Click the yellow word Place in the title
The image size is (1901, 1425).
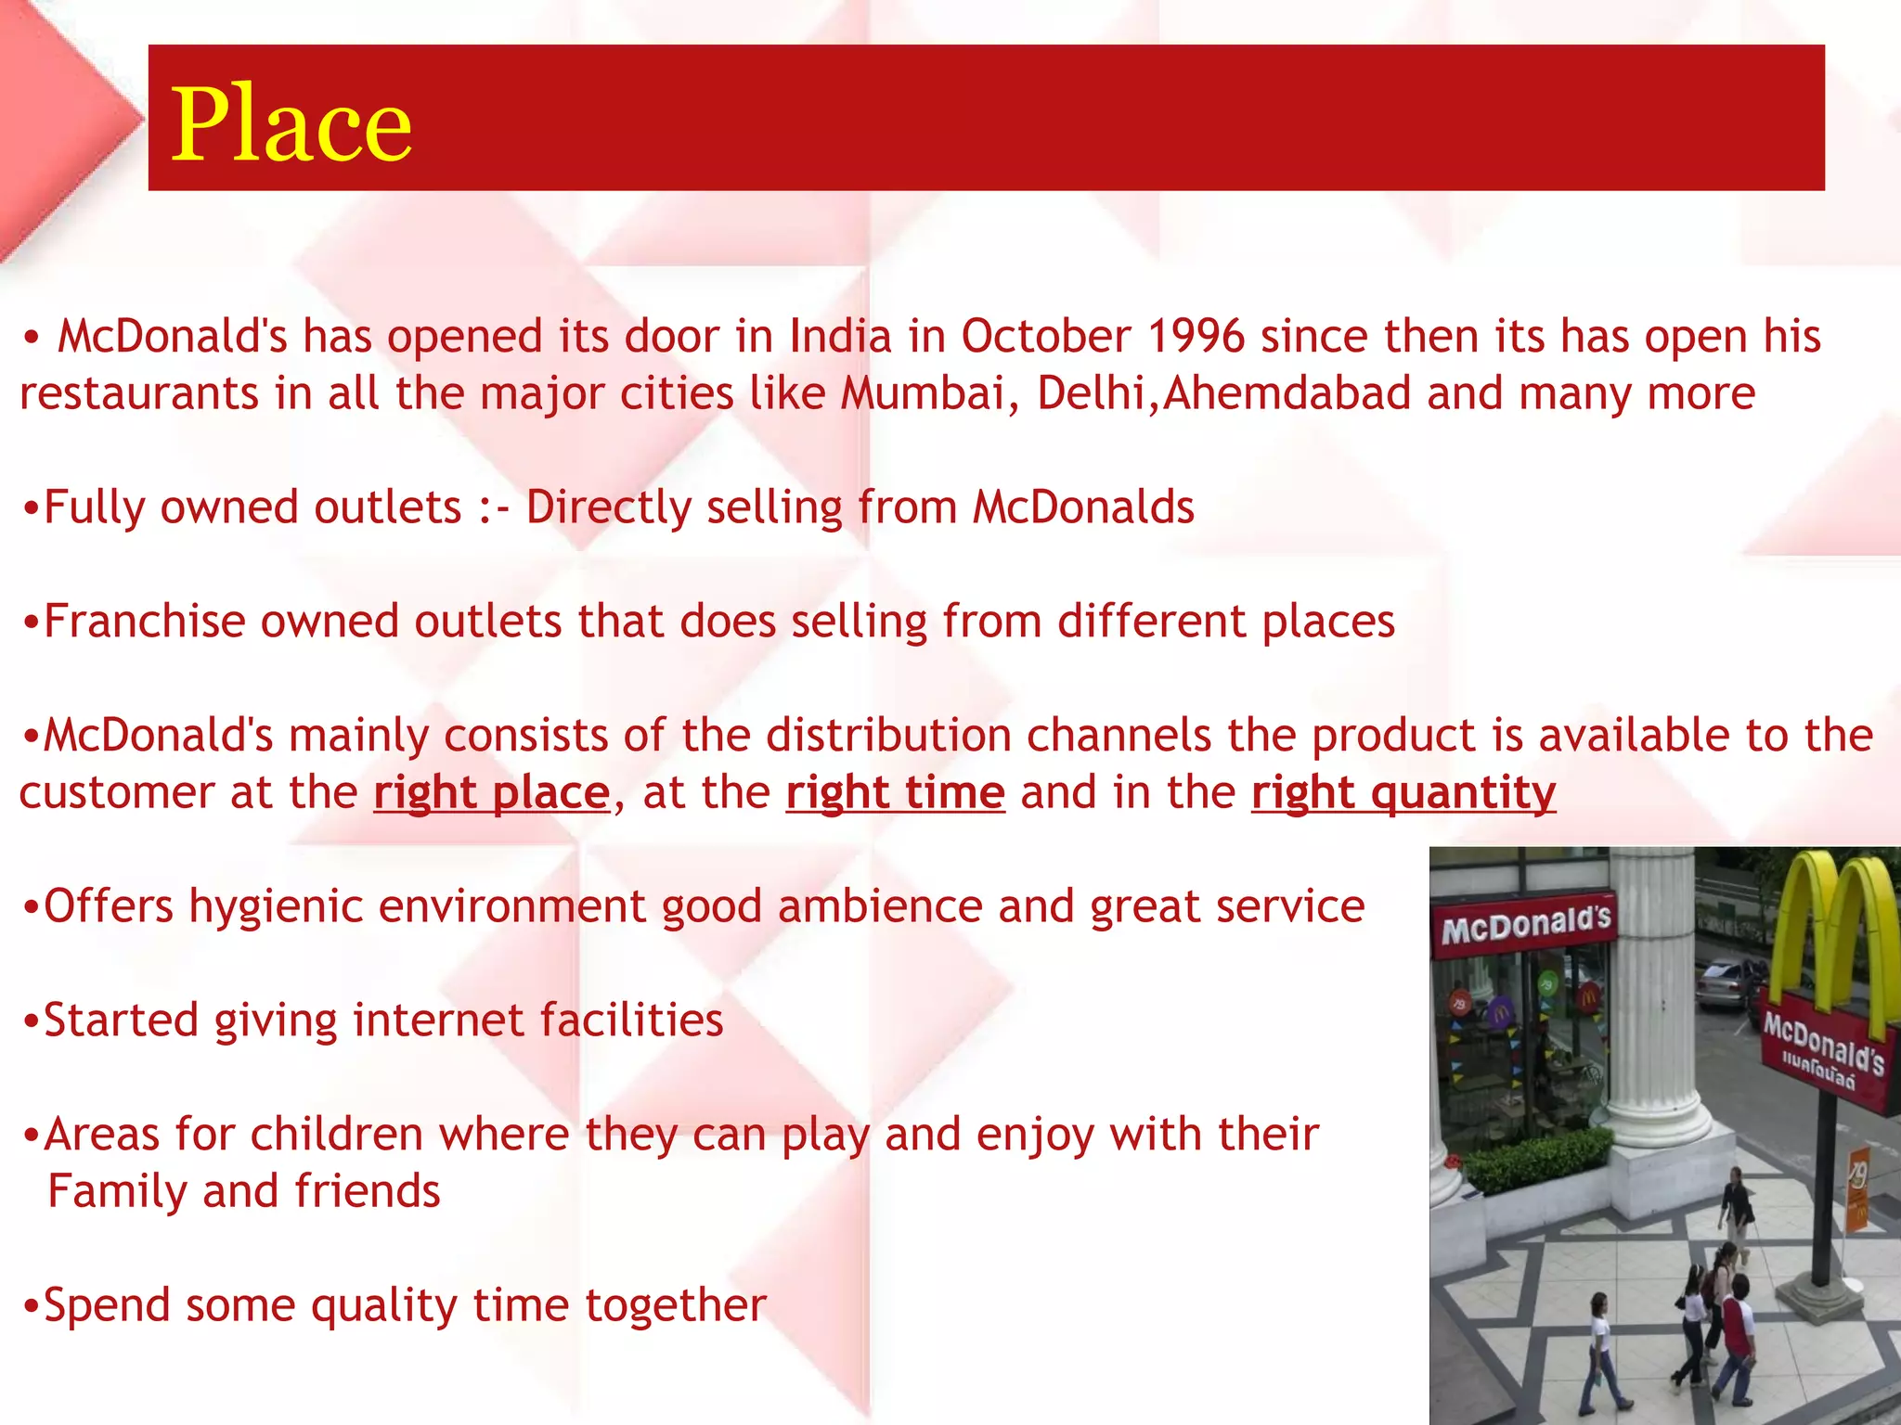(x=291, y=125)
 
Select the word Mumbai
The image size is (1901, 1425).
(x=923, y=393)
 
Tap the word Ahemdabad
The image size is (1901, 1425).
(x=1287, y=393)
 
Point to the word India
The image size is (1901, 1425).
(x=840, y=336)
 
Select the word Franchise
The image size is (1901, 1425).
(x=144, y=621)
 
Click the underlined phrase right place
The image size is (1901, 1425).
(x=491, y=793)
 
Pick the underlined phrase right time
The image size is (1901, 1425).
(x=895, y=793)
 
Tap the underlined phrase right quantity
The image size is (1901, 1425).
(x=1403, y=793)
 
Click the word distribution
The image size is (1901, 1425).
(x=887, y=736)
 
